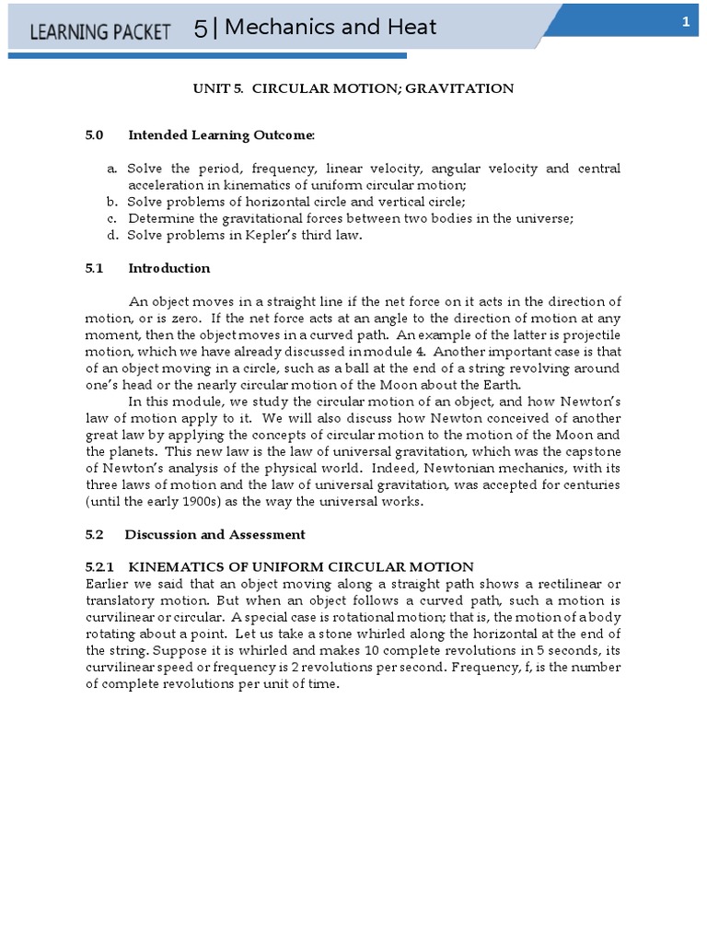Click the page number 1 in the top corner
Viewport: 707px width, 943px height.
coord(686,23)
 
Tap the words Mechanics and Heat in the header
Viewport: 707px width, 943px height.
coord(330,29)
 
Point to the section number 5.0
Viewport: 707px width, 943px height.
coord(94,135)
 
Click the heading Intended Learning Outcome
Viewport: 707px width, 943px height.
coord(221,135)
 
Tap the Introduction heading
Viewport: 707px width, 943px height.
coord(168,268)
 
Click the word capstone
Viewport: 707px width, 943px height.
coord(589,450)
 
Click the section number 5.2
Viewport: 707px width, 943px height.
coord(94,534)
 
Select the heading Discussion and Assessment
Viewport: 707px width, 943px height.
coord(214,534)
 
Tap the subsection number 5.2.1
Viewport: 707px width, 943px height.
coord(99,567)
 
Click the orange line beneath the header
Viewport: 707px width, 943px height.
coord(207,56)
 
